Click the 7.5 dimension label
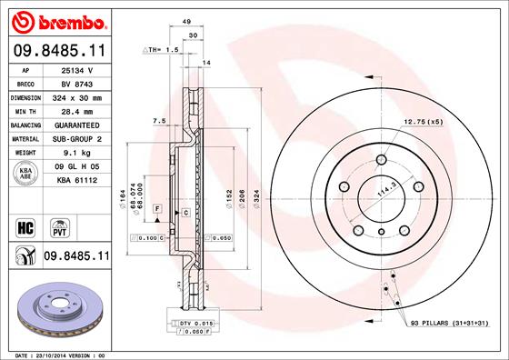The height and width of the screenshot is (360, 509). (158, 120)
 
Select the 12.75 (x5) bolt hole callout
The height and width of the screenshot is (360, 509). (424, 121)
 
